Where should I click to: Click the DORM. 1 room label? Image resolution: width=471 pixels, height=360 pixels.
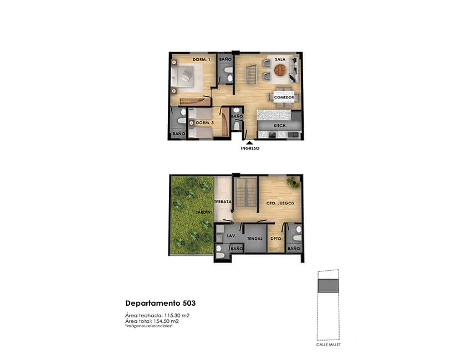[x=201, y=59]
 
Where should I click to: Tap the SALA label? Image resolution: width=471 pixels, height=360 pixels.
[x=280, y=59]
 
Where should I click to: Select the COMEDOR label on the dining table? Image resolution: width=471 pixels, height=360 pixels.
[x=284, y=97]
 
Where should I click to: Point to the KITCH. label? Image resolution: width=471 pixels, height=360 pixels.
[x=280, y=126]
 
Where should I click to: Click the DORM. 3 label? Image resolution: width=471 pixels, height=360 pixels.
[x=205, y=123]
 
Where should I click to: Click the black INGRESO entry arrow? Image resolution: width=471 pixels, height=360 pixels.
[x=249, y=143]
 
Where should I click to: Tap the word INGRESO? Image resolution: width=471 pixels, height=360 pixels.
[x=250, y=148]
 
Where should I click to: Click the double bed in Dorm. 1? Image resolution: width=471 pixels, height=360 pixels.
[x=186, y=76]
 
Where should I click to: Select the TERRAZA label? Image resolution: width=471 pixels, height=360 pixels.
[x=223, y=202]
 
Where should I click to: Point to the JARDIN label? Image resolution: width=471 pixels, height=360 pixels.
[x=203, y=212]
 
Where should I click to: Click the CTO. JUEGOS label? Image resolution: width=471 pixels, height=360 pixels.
[x=280, y=203]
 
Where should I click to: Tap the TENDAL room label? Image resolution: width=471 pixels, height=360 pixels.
[x=255, y=239]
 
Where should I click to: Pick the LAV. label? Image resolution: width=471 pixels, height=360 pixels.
[x=231, y=236]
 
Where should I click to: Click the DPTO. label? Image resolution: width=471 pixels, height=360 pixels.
[x=277, y=239]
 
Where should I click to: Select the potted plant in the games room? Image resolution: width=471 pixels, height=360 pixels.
[x=293, y=182]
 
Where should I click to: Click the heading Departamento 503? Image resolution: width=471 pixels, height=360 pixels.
[x=160, y=304]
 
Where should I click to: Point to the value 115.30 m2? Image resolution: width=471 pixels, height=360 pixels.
[x=176, y=316]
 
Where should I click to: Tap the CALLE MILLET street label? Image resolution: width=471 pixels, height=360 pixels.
[x=329, y=344]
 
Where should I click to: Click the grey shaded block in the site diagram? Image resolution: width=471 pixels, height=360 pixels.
[x=329, y=286]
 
